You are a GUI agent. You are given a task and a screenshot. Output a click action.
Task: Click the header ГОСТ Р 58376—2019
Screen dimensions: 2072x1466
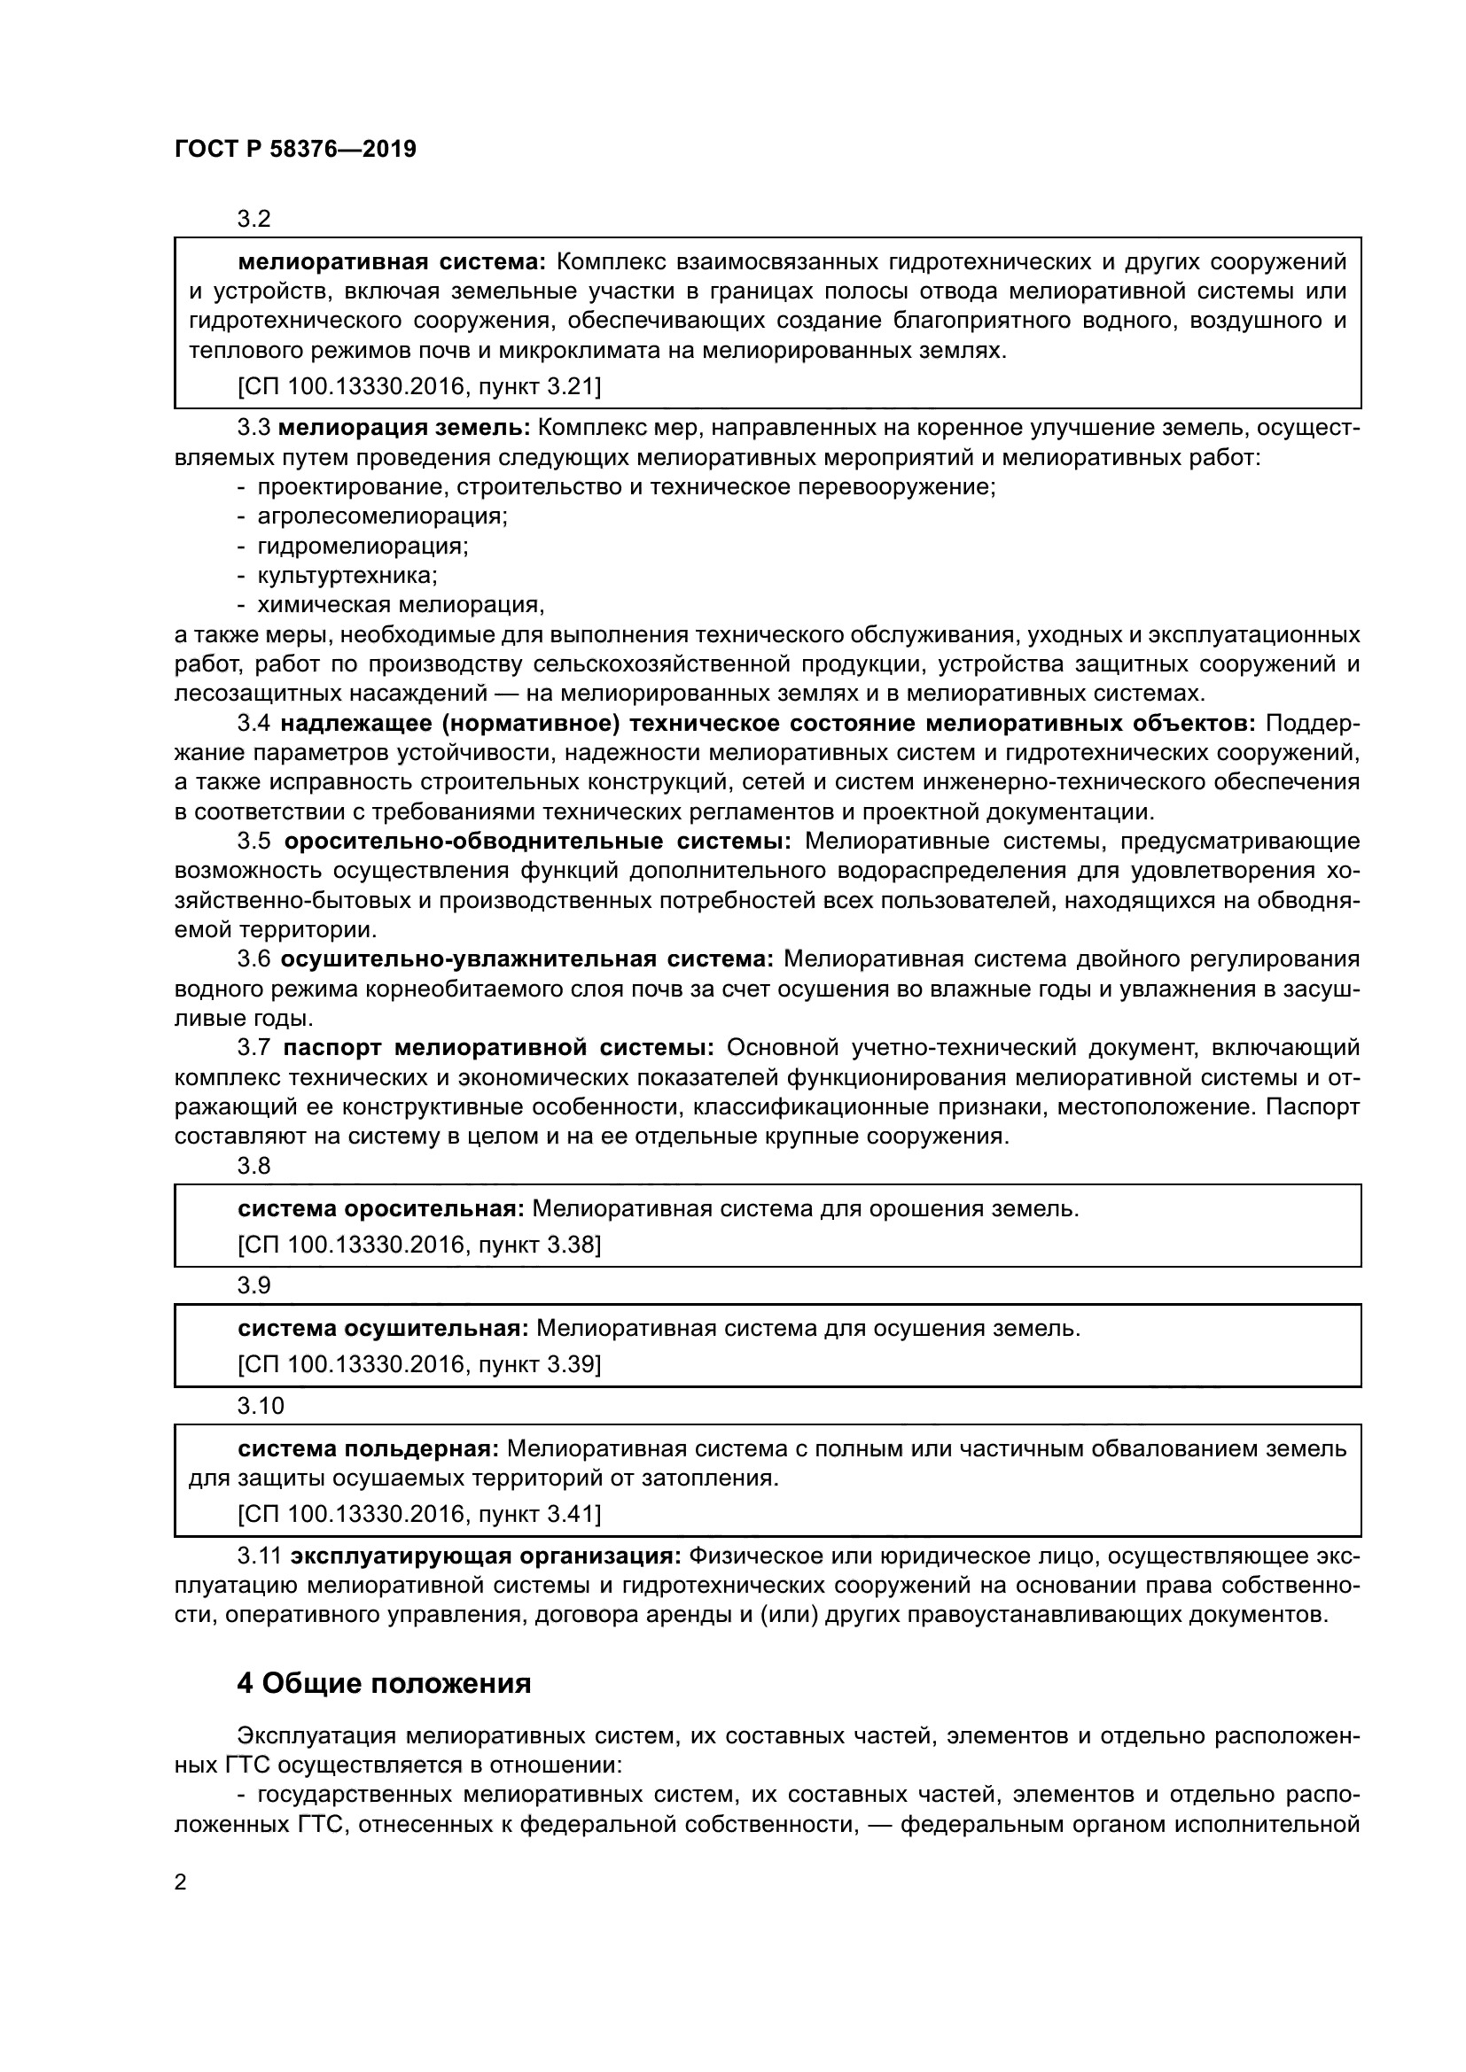295,150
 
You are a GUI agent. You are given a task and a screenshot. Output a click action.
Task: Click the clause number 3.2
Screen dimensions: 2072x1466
253,220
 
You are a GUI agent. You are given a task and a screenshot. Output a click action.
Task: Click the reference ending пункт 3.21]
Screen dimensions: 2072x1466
419,386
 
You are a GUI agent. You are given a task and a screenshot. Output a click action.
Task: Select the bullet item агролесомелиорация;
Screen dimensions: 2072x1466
382,516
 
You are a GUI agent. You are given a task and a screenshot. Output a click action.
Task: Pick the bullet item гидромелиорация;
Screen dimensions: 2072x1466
362,546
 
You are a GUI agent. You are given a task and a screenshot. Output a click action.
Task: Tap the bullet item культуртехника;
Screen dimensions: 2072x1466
347,575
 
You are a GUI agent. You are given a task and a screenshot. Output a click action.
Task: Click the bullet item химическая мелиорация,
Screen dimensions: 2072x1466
401,605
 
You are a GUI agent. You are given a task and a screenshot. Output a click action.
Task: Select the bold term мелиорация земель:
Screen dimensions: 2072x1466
408,428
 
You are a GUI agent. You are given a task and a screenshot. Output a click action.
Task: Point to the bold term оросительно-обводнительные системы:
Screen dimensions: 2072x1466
537,841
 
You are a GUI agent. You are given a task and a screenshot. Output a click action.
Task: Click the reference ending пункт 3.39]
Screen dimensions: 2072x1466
419,1363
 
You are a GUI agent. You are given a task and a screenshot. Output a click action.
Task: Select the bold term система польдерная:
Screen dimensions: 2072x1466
368,1448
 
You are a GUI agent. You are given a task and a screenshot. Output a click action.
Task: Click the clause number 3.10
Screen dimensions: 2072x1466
260,1406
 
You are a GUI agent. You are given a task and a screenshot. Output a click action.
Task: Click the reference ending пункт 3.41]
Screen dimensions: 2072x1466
419,1513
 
